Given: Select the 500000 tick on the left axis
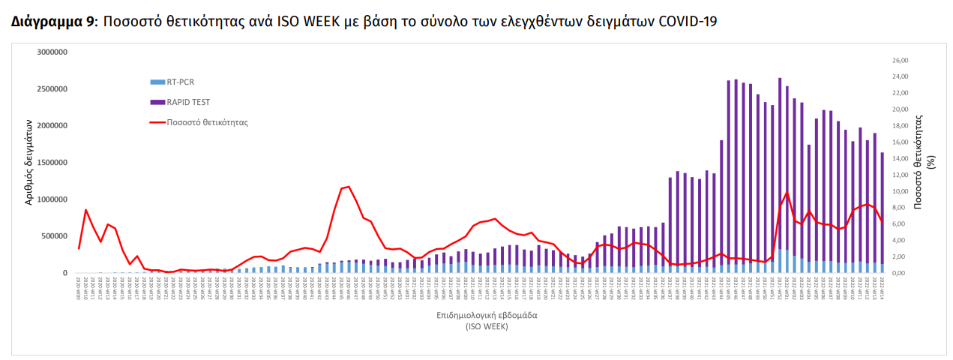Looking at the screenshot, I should click(53, 236).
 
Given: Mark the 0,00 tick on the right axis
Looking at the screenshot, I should click(900, 273).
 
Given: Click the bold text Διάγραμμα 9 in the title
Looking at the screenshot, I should click(53, 22).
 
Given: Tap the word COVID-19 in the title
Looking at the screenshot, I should click(688, 22).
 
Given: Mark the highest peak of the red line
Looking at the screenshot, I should click(348, 186).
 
